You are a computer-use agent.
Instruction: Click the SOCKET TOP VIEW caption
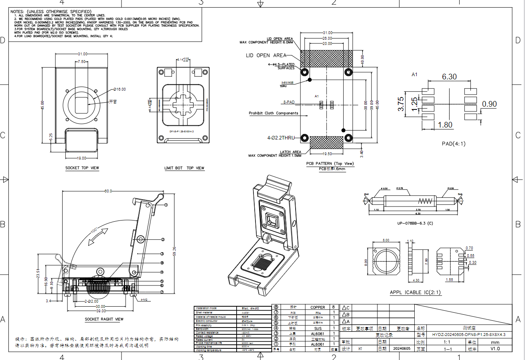(82, 168)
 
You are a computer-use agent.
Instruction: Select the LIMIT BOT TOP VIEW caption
(184, 168)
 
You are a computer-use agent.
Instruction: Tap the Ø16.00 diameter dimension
(120, 89)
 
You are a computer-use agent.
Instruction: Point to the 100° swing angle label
(94, 231)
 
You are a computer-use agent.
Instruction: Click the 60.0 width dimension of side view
(108, 191)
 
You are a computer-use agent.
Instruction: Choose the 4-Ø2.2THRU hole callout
(281, 138)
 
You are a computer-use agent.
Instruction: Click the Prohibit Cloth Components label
(274, 113)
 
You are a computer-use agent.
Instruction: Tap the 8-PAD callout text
(288, 102)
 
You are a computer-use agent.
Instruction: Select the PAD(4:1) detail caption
(454, 143)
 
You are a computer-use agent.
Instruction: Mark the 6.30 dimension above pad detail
(449, 77)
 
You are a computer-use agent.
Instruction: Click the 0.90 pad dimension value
(489, 104)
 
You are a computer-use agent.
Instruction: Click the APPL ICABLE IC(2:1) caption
(416, 292)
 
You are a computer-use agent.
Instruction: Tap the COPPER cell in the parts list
(318, 307)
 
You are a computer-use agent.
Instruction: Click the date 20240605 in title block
(401, 349)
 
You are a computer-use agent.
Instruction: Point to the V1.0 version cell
(495, 349)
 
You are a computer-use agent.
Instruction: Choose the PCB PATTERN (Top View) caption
(330, 164)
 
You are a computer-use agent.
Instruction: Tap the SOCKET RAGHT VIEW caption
(104, 319)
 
